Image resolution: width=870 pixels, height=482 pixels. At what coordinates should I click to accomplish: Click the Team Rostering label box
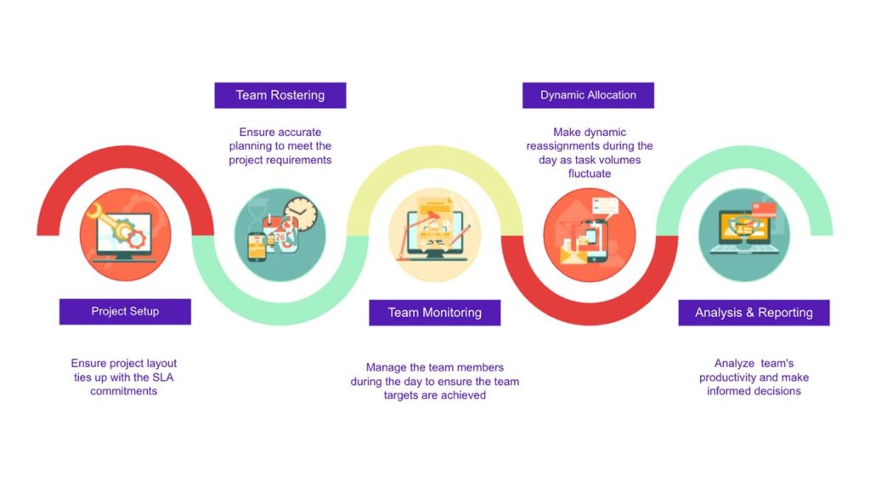280,95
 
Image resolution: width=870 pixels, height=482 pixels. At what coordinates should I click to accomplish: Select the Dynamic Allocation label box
588,95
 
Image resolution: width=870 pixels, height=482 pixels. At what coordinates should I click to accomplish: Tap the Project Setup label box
125,311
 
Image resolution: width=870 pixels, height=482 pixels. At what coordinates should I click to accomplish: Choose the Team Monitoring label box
434,313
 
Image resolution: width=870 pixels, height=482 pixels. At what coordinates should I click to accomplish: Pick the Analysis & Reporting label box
754,313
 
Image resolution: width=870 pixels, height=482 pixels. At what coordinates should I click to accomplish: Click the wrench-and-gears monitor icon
125,235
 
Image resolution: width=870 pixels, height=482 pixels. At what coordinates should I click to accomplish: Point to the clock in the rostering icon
300,214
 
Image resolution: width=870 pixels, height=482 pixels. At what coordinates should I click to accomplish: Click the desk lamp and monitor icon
434,235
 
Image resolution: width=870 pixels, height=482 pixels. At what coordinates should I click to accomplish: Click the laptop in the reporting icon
743,232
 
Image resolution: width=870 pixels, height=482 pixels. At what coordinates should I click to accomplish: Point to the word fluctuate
590,173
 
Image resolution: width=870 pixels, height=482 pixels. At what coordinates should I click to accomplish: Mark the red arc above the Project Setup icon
126,156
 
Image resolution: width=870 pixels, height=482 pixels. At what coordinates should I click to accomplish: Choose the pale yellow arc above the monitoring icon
434,156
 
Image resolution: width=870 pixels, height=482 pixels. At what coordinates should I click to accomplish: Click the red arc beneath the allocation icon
590,315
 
